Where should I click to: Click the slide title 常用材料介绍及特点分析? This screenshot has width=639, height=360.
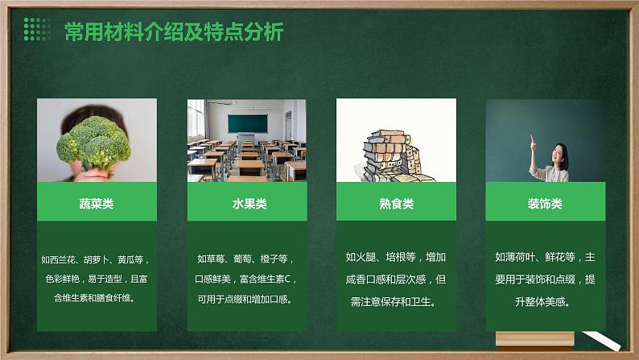(173, 31)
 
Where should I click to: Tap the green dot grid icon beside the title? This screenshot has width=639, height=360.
(38, 30)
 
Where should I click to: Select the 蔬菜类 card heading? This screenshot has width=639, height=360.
(97, 204)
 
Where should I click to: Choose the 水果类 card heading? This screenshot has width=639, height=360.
(247, 204)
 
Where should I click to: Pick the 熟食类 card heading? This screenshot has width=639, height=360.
(396, 204)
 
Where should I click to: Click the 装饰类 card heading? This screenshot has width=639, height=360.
(546, 204)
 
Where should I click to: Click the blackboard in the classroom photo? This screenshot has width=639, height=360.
(246, 122)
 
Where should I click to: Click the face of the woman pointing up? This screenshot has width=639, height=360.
(559, 151)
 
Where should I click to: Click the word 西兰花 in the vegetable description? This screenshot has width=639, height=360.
(67, 260)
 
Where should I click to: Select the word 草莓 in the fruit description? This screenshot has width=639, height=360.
(217, 259)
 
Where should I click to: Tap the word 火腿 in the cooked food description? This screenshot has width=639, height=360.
(367, 258)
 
